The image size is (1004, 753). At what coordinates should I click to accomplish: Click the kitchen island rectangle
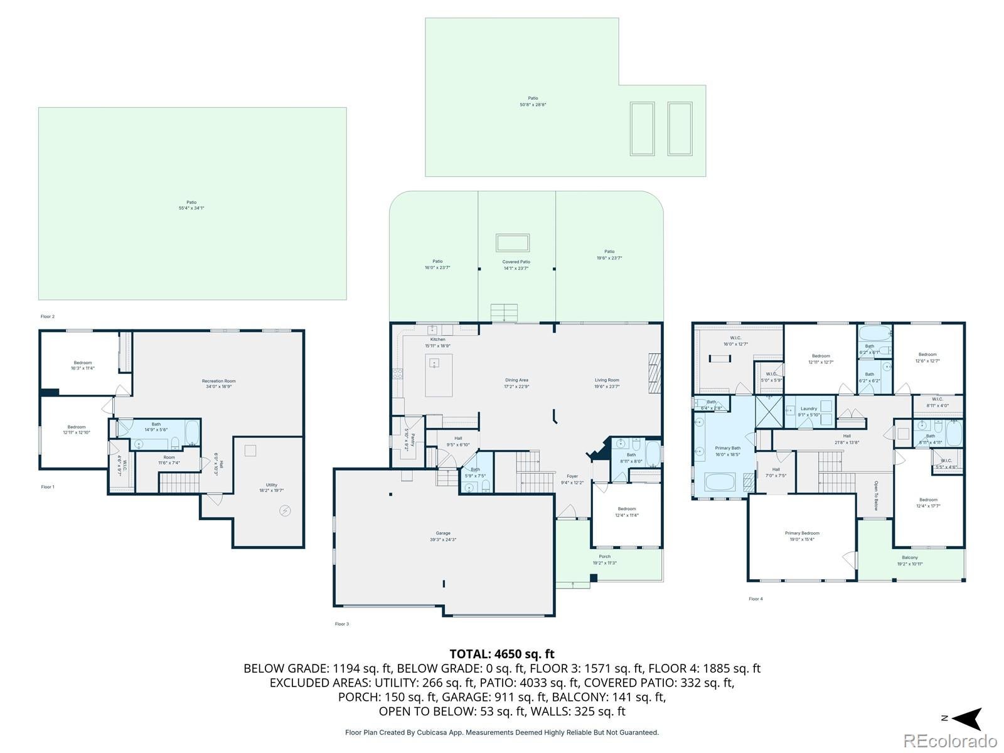439,375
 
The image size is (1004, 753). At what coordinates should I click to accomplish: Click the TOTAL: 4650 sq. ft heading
501,654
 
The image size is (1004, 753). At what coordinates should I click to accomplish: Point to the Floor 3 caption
341,624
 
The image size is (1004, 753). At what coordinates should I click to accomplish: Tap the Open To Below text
876,496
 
